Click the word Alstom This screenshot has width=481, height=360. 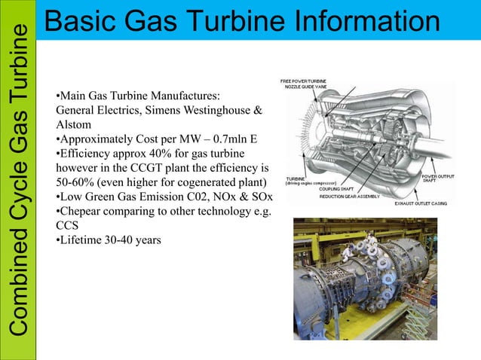(x=73, y=125)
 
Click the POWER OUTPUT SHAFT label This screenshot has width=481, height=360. (x=437, y=178)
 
